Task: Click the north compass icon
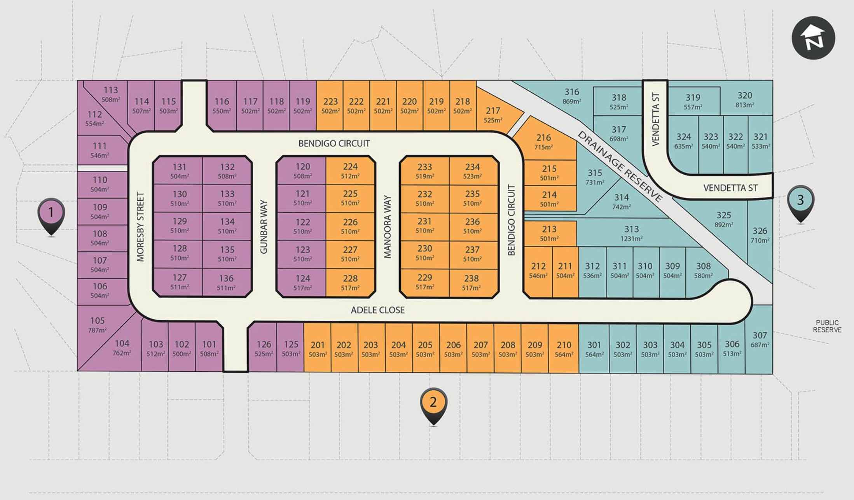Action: (813, 38)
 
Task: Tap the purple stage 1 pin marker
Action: (51, 213)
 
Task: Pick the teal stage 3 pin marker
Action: (800, 201)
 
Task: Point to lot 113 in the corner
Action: (111, 94)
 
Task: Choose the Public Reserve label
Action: (827, 326)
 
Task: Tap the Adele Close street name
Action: (377, 310)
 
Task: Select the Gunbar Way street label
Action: (264, 227)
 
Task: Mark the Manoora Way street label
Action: (387, 227)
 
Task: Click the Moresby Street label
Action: (140, 227)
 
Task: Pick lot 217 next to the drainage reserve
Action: (493, 115)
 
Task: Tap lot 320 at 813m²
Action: (744, 99)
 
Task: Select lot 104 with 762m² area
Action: (122, 348)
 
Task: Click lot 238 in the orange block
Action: (472, 282)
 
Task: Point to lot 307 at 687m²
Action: (760, 339)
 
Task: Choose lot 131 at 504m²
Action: (179, 171)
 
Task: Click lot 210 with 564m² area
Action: (564, 349)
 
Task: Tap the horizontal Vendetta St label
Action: (730, 188)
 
